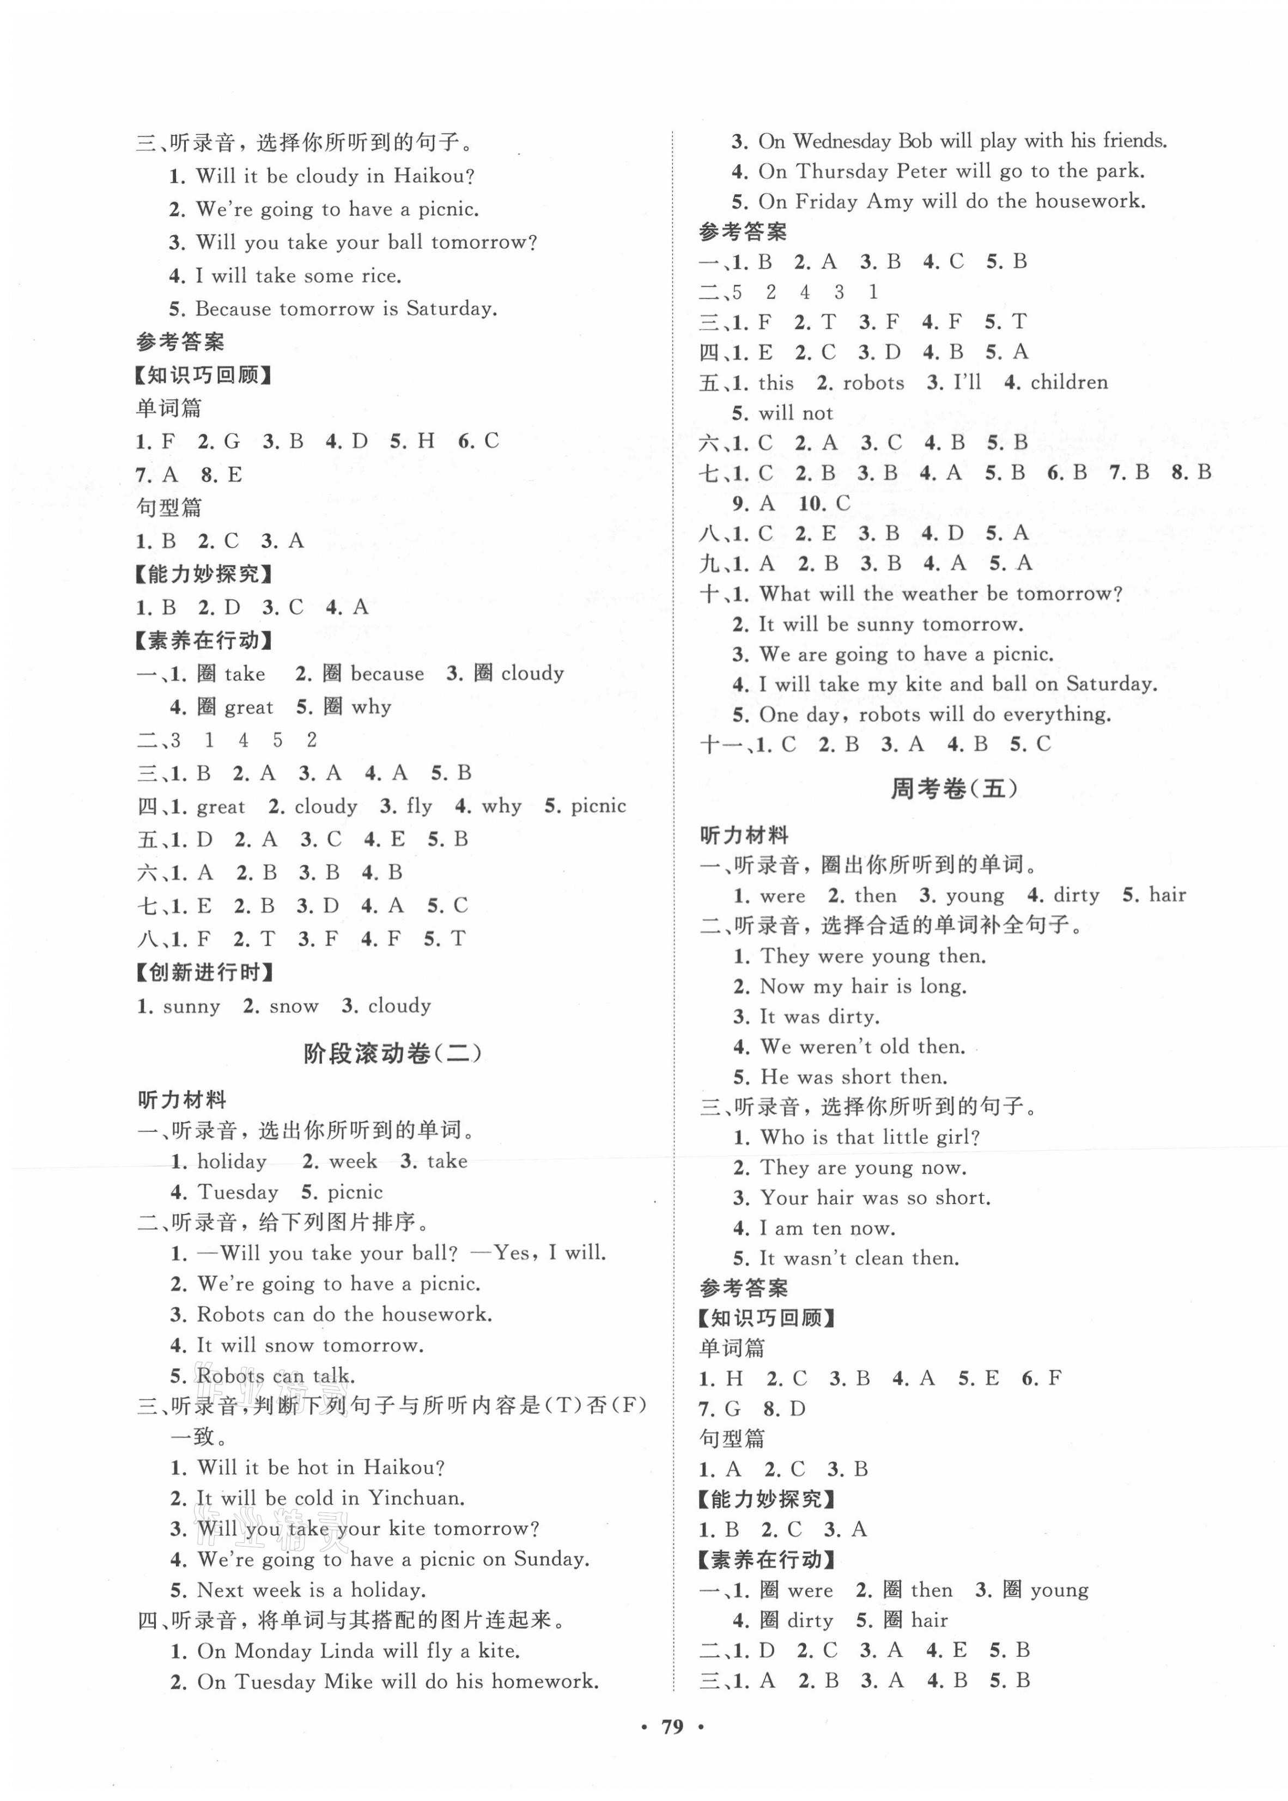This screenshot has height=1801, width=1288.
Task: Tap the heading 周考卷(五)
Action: coord(953,789)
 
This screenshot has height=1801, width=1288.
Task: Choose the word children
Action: coord(1068,383)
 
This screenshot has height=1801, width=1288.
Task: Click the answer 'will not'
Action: coord(795,413)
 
